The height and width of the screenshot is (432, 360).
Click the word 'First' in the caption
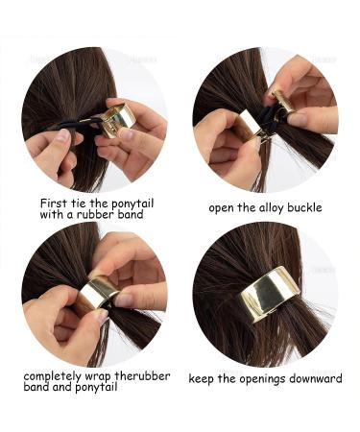tap(54, 203)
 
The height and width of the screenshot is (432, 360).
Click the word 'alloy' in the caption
tap(271, 208)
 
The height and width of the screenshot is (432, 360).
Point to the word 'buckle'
tap(304, 207)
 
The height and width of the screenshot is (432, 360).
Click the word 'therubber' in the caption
tap(142, 375)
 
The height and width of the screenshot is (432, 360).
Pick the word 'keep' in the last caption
tap(202, 379)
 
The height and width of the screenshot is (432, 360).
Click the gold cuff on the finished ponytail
tap(269, 293)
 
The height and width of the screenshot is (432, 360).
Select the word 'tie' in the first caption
tap(78, 203)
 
